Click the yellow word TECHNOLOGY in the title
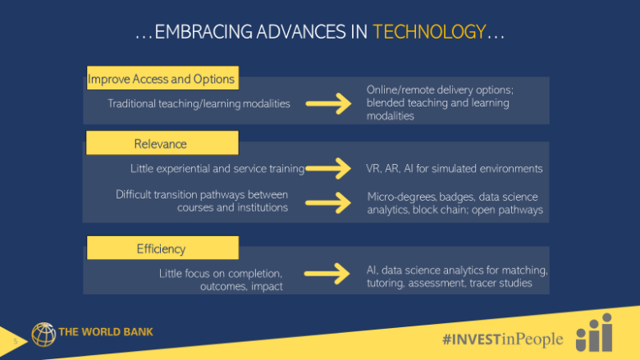pyautogui.click(x=429, y=32)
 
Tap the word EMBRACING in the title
pyautogui.click(x=203, y=32)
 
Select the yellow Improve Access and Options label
pyautogui.click(x=162, y=78)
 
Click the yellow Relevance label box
pyautogui.click(x=162, y=143)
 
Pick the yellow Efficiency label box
pyautogui.click(x=162, y=248)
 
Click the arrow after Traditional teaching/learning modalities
pyautogui.click(x=328, y=103)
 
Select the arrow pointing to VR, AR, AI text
pyautogui.click(x=328, y=168)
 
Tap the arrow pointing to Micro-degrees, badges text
pyautogui.click(x=328, y=203)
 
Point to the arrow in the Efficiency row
pyautogui.click(x=327, y=274)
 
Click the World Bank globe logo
pyautogui.click(x=43, y=335)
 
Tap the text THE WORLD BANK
pyautogui.click(x=106, y=332)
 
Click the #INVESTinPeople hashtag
pyautogui.click(x=503, y=339)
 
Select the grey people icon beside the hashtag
pyautogui.click(x=594, y=332)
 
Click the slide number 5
pyautogui.click(x=16, y=341)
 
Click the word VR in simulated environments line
pyautogui.click(x=373, y=168)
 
